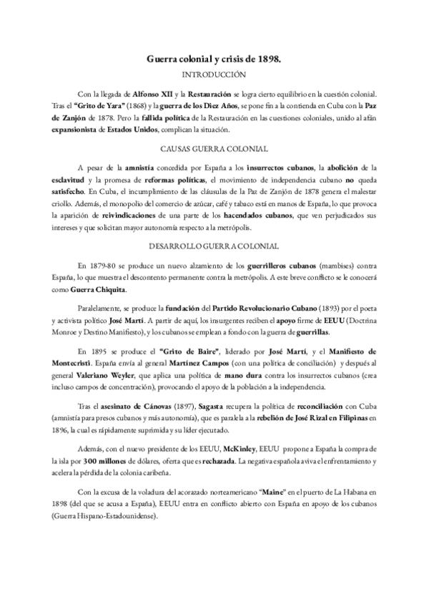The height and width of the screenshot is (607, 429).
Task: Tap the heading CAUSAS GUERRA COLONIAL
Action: (x=214, y=148)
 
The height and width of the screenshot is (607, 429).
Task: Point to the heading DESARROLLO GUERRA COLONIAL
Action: (x=214, y=245)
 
